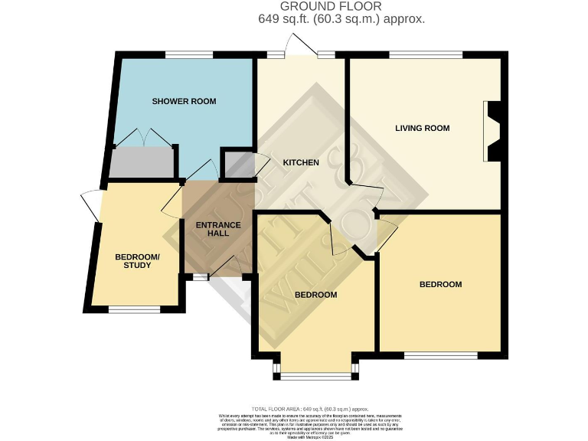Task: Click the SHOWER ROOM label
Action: [184, 101]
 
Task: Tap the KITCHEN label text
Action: [295, 163]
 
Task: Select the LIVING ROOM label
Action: [422, 128]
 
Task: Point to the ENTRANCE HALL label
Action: [218, 229]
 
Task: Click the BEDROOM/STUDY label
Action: [138, 261]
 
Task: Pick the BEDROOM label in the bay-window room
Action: [316, 295]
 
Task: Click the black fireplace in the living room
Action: [492, 132]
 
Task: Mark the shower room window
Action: [189, 54]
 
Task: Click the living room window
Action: [425, 54]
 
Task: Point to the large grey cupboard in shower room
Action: [139, 163]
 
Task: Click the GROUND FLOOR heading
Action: [341, 7]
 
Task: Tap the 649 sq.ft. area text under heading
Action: [341, 19]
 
